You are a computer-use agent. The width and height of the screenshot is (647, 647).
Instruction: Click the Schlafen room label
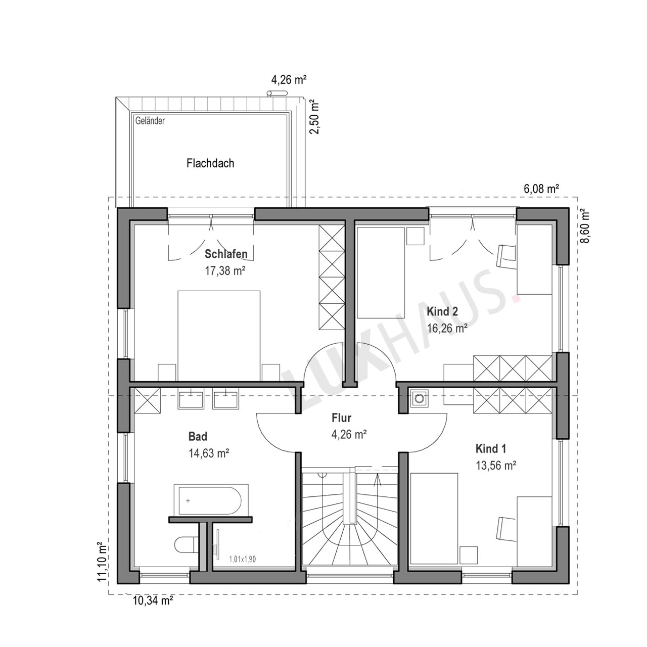[x=226, y=254]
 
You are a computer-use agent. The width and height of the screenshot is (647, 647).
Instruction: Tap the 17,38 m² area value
[x=225, y=270]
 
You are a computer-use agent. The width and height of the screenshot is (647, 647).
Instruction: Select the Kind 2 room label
[x=442, y=311]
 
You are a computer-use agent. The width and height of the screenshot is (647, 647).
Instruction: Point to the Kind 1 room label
[x=490, y=448]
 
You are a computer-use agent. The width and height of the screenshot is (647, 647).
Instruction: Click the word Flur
[x=342, y=418]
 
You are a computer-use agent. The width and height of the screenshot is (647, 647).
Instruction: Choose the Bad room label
[x=198, y=437]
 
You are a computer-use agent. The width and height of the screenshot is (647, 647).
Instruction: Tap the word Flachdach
[x=210, y=163]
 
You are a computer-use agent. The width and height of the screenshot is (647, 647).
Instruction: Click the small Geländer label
[x=150, y=121]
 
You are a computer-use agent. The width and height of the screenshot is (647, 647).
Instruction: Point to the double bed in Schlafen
[x=219, y=336]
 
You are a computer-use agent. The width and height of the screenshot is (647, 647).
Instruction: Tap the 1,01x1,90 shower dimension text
[x=243, y=559]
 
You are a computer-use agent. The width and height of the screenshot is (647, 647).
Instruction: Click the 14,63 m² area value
[x=209, y=453]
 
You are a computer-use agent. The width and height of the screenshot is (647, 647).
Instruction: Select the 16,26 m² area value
[x=447, y=329]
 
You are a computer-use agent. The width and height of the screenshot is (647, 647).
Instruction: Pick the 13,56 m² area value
[x=496, y=466]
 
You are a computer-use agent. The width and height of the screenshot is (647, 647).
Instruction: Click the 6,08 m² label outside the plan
[x=541, y=189]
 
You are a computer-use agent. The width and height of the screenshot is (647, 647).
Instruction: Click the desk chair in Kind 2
[x=505, y=257]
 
